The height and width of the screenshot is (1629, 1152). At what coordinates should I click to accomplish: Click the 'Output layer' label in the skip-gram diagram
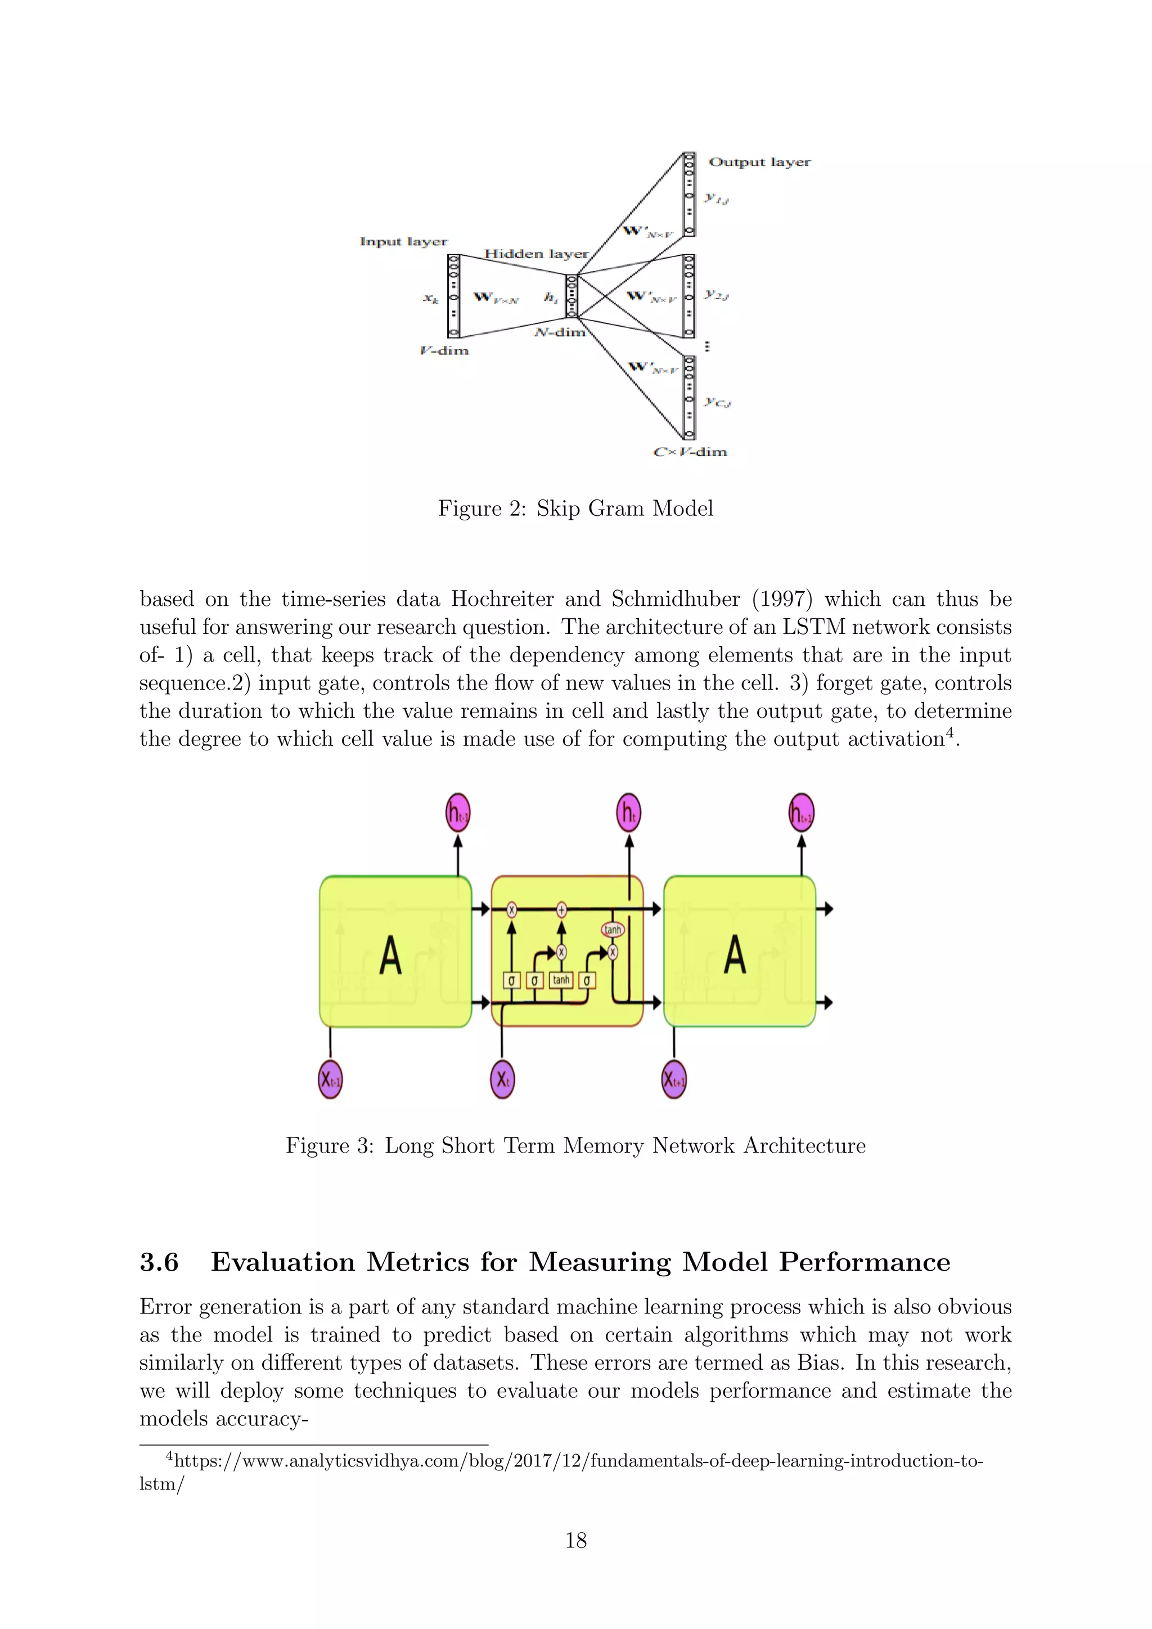[759, 162]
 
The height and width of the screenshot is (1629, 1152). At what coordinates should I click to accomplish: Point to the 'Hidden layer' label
[536, 254]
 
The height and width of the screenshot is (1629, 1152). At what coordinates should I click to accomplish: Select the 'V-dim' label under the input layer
[444, 350]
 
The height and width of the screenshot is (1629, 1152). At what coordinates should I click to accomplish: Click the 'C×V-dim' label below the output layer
[690, 452]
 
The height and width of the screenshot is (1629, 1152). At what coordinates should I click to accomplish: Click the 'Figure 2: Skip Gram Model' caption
[575, 508]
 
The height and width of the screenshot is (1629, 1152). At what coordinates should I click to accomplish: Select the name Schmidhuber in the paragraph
[676, 599]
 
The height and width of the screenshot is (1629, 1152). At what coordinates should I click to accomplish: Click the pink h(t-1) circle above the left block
[457, 813]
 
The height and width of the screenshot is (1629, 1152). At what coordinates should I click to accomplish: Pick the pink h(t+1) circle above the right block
[802, 813]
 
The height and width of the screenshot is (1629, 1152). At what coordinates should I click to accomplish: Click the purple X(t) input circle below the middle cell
[502, 1080]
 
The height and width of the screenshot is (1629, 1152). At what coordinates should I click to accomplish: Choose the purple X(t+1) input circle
[674, 1080]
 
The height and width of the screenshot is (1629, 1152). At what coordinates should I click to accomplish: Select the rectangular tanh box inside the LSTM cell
[561, 980]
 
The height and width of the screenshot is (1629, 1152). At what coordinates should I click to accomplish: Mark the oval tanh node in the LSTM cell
[613, 929]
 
